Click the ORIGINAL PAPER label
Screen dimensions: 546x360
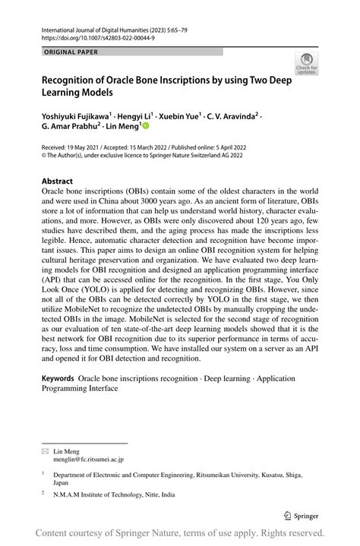(x=72, y=52)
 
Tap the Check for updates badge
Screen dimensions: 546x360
(x=307, y=64)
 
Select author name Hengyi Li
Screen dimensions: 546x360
(x=134, y=118)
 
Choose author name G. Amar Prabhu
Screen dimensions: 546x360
(x=72, y=129)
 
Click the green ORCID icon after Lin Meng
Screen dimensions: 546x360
(x=146, y=129)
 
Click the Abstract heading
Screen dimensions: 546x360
(x=58, y=182)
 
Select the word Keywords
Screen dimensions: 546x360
(x=58, y=377)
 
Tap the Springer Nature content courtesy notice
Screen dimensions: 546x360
(x=180, y=532)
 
